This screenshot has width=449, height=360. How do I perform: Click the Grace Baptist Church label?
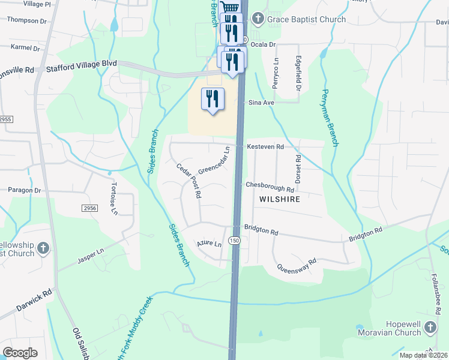pos(307,19)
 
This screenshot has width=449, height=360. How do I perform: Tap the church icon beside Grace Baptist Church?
pos(258,19)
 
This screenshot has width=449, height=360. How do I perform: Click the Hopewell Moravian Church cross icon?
pos(430,327)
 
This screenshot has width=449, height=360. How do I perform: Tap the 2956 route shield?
pos(89,208)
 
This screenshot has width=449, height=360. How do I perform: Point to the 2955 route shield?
pos(5,119)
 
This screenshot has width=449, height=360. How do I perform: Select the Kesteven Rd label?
pos(264,146)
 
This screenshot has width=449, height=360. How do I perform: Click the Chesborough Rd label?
pos(270,185)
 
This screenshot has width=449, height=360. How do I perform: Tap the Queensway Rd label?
pos(296,265)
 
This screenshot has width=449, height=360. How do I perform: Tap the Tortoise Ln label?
pos(113,199)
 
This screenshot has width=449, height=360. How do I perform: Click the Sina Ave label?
pos(262,103)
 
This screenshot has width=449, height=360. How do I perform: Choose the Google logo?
pos(20,353)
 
